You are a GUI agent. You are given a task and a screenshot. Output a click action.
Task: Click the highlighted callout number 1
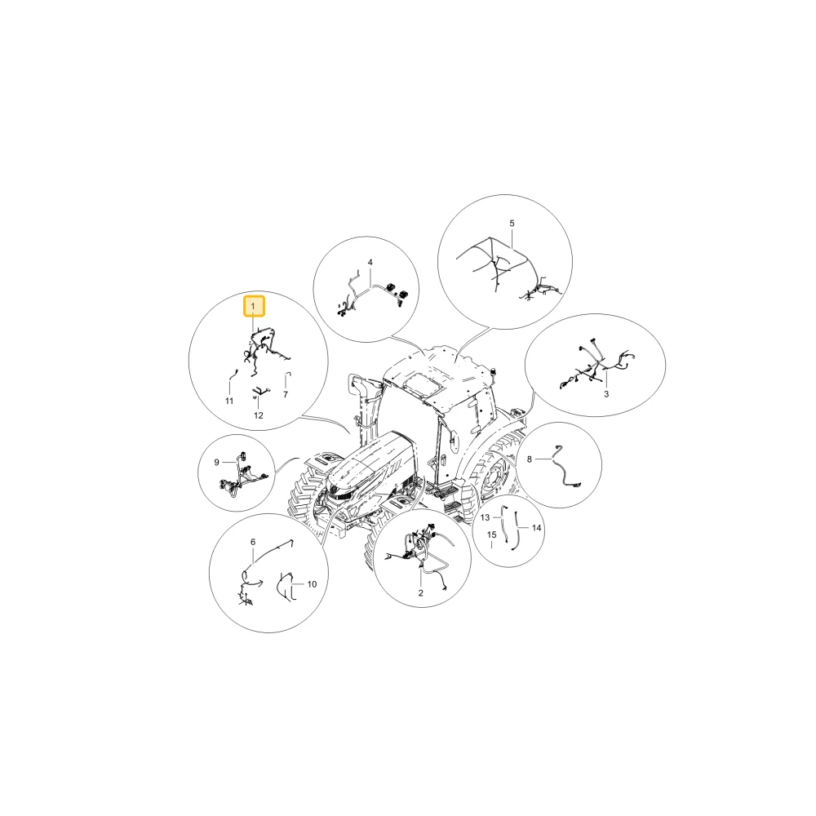coord(254,307)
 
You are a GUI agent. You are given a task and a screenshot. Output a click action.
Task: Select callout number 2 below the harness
coord(420,592)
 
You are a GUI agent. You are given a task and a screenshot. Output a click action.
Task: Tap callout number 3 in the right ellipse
coord(606,394)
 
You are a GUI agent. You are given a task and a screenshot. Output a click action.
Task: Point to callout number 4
coord(370,262)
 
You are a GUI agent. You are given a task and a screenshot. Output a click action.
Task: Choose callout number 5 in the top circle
coord(512,224)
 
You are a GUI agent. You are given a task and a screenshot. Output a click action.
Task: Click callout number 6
coord(253,543)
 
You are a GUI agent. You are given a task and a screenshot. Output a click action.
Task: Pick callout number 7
coord(285,395)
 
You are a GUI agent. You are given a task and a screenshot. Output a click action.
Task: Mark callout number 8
coord(530,459)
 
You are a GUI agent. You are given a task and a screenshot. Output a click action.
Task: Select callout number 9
coord(216,462)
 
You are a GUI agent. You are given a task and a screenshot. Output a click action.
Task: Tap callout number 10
coord(312,584)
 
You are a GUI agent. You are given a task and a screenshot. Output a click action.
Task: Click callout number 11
coord(229,401)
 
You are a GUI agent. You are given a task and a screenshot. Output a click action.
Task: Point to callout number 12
coord(259,415)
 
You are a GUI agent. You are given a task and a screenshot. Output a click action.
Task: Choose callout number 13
coord(485,517)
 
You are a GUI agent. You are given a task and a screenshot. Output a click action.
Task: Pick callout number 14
coord(537,528)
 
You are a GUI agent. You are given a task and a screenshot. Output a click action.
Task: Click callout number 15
coord(492,535)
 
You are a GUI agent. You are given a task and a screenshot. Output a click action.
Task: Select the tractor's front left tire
coord(306,499)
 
